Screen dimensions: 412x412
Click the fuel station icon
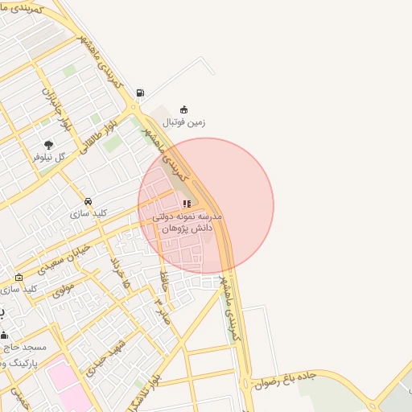tap(142, 93)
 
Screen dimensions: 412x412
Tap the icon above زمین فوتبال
tap(184, 109)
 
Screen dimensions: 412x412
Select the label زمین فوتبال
tap(184, 123)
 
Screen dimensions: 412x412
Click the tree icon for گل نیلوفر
tap(49, 145)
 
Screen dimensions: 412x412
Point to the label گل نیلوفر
tap(48, 157)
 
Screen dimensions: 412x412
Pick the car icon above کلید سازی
tap(88, 201)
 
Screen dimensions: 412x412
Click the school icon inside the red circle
tap(187, 204)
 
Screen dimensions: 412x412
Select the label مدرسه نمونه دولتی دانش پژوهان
tap(187, 224)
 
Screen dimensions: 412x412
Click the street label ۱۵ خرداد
tap(120, 274)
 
